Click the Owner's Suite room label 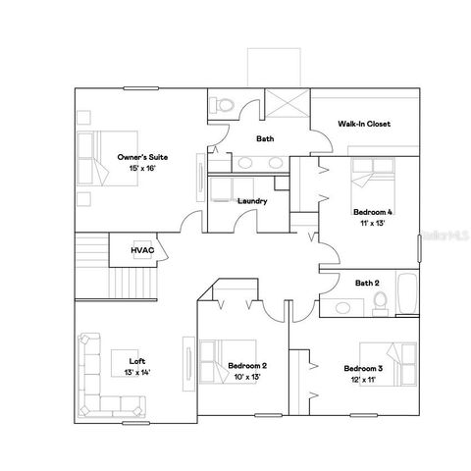pyautogui.click(x=136, y=157)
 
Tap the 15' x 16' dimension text pyautogui.click(x=136, y=168)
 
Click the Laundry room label pyautogui.click(x=252, y=201)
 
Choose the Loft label pyautogui.click(x=136, y=361)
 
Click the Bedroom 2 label pyautogui.click(x=247, y=366)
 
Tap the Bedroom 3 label pyautogui.click(x=363, y=368)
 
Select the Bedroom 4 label pyautogui.click(x=373, y=212)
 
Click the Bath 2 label pyautogui.click(x=367, y=284)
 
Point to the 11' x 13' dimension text pyautogui.click(x=373, y=223)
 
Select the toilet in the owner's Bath pyautogui.click(x=222, y=103)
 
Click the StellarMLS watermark pyautogui.click(x=443, y=237)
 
